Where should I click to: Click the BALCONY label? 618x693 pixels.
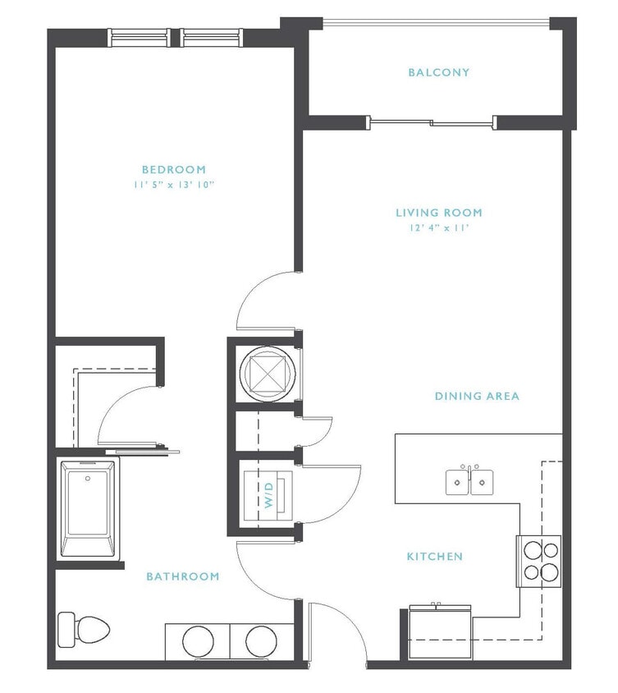(x=439, y=72)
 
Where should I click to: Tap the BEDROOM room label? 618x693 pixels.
(x=173, y=170)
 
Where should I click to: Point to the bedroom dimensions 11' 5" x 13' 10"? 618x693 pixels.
(x=173, y=185)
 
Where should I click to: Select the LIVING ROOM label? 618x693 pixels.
(x=439, y=213)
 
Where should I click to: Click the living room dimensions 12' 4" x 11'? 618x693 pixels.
(x=439, y=227)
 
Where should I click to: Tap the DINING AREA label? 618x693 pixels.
(x=477, y=396)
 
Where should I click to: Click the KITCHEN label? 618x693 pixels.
(x=435, y=557)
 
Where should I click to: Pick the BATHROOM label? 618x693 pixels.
(x=183, y=576)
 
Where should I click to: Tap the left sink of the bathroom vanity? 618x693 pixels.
(x=198, y=640)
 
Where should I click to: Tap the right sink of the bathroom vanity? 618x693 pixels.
(x=262, y=640)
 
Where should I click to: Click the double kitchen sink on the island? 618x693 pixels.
(x=470, y=481)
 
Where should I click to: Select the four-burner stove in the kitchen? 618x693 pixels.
(x=538, y=561)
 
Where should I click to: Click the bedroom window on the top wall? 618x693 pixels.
(x=176, y=37)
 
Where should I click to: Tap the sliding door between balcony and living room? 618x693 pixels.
(x=433, y=123)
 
